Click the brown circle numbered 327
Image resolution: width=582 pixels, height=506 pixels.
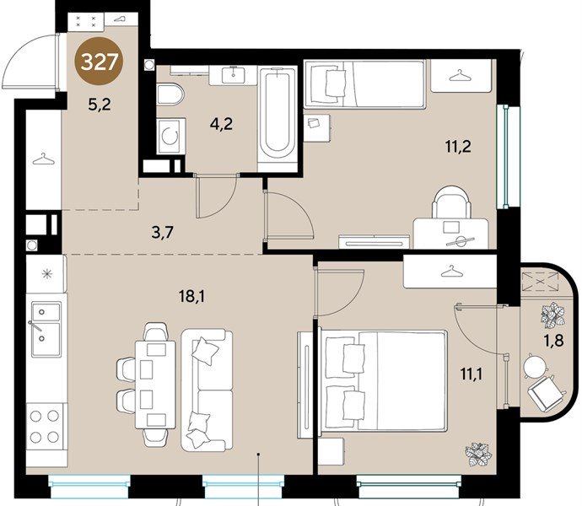coord(99,62)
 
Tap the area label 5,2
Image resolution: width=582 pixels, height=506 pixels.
coord(100,105)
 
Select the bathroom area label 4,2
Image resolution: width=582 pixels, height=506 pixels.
coord(221,124)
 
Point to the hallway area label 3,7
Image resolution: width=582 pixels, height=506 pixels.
coord(163,233)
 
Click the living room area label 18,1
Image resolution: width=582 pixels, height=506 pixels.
coord(192,297)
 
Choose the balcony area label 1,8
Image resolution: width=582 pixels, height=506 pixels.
coord(554,340)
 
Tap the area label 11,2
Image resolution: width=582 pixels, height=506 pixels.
coord(458,147)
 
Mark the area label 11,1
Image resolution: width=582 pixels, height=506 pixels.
coord(472,374)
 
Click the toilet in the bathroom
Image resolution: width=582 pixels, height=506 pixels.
coord(170,94)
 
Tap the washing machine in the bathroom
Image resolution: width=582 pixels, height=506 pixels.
coord(170,137)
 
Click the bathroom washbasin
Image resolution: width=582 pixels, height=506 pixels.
coord(233,75)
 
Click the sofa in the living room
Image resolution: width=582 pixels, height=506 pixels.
coord(207,390)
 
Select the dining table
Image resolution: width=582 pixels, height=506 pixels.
coord(155,385)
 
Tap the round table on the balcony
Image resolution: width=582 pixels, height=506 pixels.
coord(535,366)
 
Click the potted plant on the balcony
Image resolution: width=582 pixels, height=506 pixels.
coord(553,315)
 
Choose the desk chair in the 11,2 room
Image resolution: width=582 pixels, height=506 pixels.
coord(451,202)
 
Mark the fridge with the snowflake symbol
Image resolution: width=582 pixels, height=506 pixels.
coord(46,273)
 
